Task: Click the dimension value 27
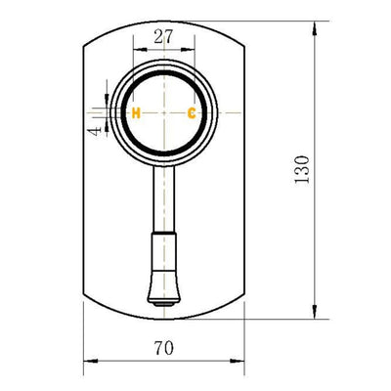[164, 37]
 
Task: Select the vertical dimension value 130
[301, 173]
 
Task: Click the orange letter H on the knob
[137, 113]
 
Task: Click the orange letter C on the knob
[192, 113]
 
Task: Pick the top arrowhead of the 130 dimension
[314, 31]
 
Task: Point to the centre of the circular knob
[164, 112]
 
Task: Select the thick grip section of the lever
[163, 264]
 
